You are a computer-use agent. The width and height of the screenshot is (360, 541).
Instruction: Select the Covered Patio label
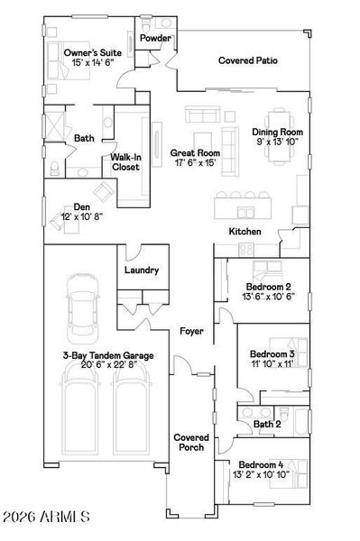[x=247, y=61]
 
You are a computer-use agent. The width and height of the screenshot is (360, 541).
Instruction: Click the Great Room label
[x=195, y=153]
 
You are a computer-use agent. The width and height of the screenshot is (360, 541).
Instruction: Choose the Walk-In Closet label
[x=125, y=161]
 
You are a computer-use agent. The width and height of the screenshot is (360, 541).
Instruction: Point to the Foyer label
[x=190, y=332]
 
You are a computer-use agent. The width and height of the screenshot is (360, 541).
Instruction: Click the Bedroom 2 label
[x=270, y=288]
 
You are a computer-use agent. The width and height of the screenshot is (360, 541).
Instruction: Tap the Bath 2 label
[x=267, y=423]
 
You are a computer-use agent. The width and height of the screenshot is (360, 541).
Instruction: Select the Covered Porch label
[x=191, y=442]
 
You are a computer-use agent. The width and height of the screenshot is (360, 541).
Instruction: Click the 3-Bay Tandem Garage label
[x=107, y=356]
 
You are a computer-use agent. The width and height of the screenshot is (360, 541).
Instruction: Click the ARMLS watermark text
[x=47, y=517]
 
